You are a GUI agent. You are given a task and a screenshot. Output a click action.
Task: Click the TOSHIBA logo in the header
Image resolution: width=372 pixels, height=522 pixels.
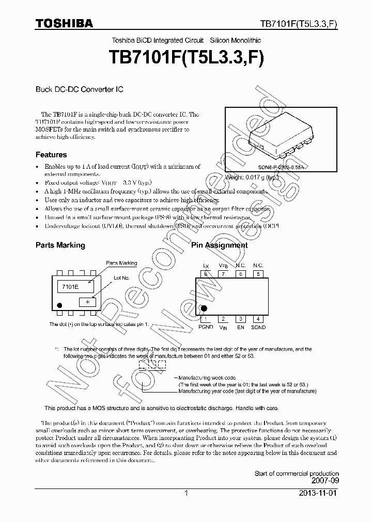(x=64, y=24)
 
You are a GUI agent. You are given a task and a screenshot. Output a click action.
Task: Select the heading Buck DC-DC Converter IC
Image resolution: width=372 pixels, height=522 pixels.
(x=79, y=89)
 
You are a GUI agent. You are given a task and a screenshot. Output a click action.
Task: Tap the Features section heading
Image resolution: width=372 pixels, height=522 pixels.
(x=51, y=155)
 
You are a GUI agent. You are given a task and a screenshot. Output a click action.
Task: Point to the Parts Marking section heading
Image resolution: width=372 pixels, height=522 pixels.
(x=60, y=245)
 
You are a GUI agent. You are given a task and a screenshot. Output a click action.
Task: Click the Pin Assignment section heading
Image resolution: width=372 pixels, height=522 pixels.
(x=219, y=245)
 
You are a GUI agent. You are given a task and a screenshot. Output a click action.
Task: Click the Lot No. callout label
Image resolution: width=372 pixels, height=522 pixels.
(x=121, y=278)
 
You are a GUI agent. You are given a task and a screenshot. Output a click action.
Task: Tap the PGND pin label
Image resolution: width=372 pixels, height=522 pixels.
(x=206, y=327)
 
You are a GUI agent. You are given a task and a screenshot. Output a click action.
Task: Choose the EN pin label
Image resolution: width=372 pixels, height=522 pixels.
(x=240, y=327)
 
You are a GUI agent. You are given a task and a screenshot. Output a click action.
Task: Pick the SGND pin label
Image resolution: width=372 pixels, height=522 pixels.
(x=258, y=327)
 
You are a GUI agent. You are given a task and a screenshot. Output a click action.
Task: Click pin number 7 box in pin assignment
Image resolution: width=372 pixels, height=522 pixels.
(x=223, y=274)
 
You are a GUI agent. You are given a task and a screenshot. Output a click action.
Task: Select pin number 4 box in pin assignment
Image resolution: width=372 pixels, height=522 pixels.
(x=258, y=319)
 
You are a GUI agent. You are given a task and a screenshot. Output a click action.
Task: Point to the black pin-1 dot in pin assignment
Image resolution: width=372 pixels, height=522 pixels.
(x=204, y=308)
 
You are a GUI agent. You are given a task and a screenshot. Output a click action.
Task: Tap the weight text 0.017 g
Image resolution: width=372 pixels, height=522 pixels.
(x=251, y=177)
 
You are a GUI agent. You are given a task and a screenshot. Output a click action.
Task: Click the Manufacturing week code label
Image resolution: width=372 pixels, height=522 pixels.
(x=207, y=378)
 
